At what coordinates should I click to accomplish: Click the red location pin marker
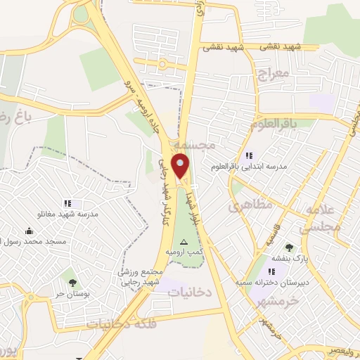coord(181,167)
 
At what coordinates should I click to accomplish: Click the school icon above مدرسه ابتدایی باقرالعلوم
coord(248,156)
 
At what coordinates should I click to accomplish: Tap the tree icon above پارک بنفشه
coord(289,247)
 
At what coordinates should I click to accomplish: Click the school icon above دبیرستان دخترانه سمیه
coord(272,271)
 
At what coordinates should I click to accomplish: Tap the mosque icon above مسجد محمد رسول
coord(29,231)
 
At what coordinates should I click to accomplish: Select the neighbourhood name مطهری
coord(245,207)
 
